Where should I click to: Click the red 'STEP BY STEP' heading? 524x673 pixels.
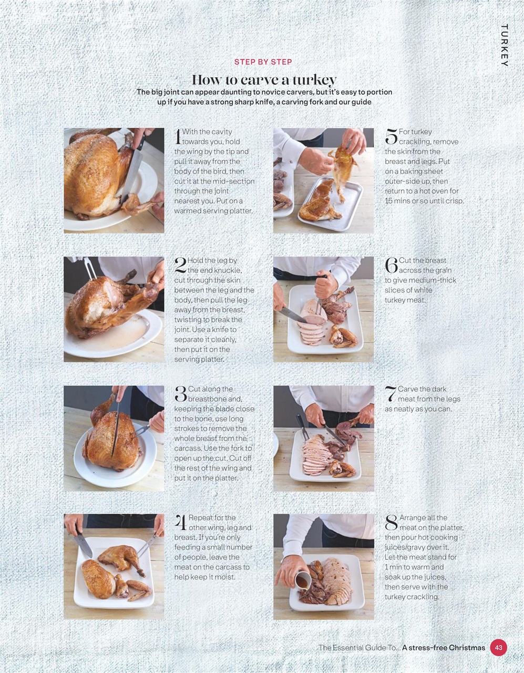[263, 62]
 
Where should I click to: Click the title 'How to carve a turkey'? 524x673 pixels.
[264, 80]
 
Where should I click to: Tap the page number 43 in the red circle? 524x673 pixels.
[498, 647]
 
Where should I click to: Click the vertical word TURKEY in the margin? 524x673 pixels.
[504, 45]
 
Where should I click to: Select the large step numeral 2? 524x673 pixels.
[180, 265]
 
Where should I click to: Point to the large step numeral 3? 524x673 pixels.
[180, 394]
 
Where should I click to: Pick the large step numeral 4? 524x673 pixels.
[180, 523]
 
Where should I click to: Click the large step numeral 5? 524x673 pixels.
[391, 136]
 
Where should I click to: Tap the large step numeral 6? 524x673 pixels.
[391, 265]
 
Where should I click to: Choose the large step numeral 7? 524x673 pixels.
[391, 394]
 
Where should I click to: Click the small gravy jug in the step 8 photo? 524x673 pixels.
[302, 580]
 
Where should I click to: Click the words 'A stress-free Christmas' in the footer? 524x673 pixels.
[444, 647]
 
